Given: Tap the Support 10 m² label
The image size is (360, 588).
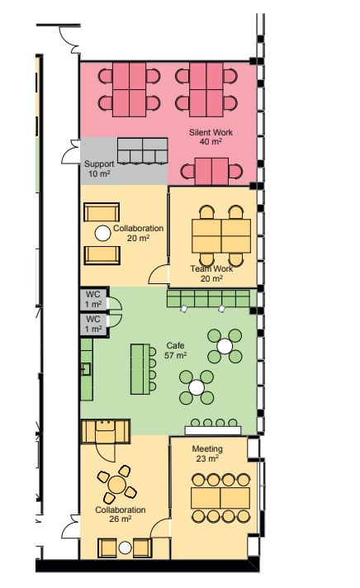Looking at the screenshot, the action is (x=99, y=168).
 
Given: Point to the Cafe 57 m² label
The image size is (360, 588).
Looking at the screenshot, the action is (x=176, y=350).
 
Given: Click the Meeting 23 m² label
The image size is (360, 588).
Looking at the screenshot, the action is (x=207, y=453).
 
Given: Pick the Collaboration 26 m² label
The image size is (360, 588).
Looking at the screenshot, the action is (x=121, y=514).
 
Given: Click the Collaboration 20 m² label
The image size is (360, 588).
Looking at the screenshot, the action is (x=139, y=233).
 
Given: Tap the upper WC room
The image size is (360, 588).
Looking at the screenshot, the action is (x=93, y=299).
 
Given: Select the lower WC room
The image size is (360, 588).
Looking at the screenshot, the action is (x=93, y=325).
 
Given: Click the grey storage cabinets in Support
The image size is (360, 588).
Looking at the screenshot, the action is (x=142, y=151).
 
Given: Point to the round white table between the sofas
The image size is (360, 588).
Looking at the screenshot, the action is (x=102, y=233).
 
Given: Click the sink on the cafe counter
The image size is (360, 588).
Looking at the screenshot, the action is (x=86, y=369).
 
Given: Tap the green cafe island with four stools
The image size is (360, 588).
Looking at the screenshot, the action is (x=140, y=369).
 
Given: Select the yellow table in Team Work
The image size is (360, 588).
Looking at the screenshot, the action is (x=221, y=236).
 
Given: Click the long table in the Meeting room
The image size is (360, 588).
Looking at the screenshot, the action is (x=220, y=498).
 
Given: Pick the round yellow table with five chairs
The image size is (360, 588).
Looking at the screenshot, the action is (x=117, y=484).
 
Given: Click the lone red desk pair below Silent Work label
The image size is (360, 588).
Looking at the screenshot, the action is (x=211, y=172).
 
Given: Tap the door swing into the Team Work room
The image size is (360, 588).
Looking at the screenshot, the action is (x=159, y=274).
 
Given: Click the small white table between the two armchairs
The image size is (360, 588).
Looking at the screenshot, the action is (x=126, y=548).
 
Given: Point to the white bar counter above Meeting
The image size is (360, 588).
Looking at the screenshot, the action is (x=213, y=430).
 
